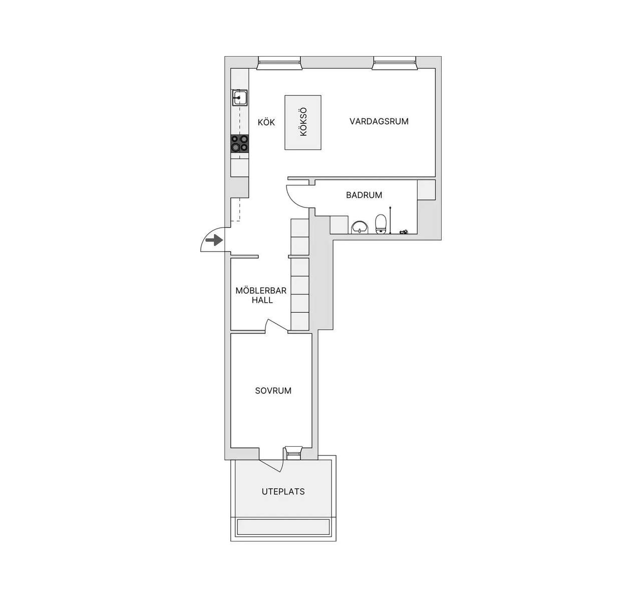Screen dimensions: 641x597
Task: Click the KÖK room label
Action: (x=266, y=122)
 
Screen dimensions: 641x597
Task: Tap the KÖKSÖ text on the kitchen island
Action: (x=303, y=122)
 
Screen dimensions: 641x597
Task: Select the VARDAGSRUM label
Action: (x=379, y=121)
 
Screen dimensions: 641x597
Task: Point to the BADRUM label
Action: (x=364, y=195)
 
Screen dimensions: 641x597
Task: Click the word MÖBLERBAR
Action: (x=261, y=291)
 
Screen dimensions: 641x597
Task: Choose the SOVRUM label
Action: (x=273, y=391)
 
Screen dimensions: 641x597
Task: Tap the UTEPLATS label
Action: (x=283, y=492)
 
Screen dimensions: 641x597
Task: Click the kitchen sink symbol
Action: (x=240, y=97)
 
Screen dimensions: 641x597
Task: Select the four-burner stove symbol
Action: (x=239, y=143)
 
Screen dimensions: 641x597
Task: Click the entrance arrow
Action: (x=214, y=241)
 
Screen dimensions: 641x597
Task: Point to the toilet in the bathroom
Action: (x=381, y=224)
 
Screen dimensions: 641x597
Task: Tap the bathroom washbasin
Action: (x=360, y=227)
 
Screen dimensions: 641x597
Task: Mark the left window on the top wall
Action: (x=279, y=63)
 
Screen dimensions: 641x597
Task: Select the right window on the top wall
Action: (x=395, y=63)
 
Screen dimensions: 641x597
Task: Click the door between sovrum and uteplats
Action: (x=271, y=466)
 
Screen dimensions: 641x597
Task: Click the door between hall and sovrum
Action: (x=276, y=325)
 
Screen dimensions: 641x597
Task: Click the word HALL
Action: (x=262, y=300)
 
